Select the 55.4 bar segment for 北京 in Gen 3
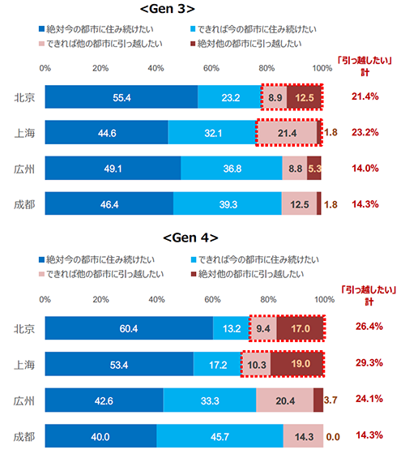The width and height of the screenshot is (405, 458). point(122,97)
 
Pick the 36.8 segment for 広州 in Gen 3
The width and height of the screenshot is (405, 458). point(232,168)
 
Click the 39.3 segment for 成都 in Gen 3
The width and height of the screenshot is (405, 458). point(228,203)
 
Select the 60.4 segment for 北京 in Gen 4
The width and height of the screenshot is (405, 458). point(129,328)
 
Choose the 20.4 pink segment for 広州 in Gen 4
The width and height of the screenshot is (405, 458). point(284,400)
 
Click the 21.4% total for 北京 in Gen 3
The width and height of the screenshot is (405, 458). point(366,97)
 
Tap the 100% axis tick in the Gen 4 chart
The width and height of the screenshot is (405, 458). point(323,298)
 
